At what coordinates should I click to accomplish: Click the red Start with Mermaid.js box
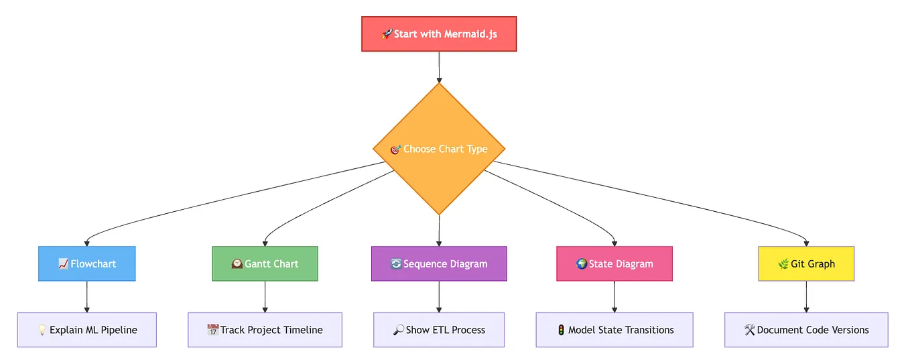pyautogui.click(x=439, y=34)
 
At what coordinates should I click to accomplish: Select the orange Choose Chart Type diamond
pyautogui.click(x=439, y=149)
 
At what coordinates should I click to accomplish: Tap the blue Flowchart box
pyautogui.click(x=87, y=263)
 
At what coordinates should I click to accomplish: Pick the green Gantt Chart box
pyautogui.click(x=265, y=263)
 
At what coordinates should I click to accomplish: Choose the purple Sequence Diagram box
pyautogui.click(x=439, y=263)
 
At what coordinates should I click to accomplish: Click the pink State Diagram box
pyautogui.click(x=614, y=263)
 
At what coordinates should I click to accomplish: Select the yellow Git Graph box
pyautogui.click(x=806, y=263)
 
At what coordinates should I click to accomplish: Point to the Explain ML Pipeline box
pyautogui.click(x=87, y=330)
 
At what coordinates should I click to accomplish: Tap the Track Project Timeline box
pyautogui.click(x=265, y=330)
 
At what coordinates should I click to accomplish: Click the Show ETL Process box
pyautogui.click(x=439, y=330)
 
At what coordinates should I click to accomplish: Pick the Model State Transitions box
pyautogui.click(x=614, y=330)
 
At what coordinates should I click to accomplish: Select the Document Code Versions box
pyautogui.click(x=806, y=330)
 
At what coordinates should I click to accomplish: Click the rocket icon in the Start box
pyautogui.click(x=387, y=34)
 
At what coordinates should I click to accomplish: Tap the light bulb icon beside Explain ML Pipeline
pyautogui.click(x=42, y=330)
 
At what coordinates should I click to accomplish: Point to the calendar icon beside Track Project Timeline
pyautogui.click(x=213, y=330)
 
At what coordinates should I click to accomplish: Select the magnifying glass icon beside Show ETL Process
pyautogui.click(x=398, y=330)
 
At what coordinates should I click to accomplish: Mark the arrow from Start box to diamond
pyautogui.click(x=439, y=66)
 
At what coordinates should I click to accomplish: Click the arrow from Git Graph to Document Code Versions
pyautogui.click(x=806, y=296)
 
